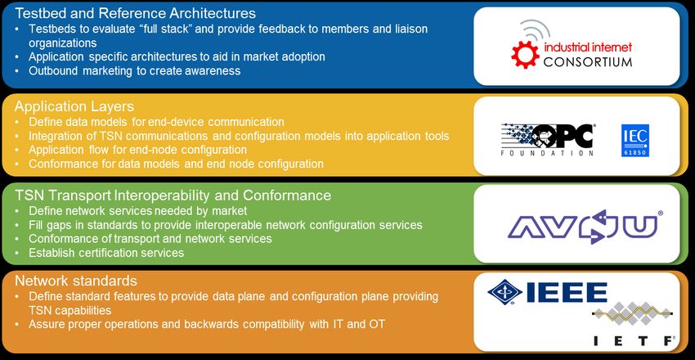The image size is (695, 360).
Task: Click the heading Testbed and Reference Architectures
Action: coord(135,13)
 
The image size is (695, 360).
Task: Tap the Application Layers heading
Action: coord(74,106)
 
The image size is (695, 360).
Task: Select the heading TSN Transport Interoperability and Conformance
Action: coord(173,195)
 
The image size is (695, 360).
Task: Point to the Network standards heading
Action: coord(76,281)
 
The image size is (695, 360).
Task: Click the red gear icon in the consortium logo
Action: coord(525,54)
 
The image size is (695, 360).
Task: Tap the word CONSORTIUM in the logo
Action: coord(588,61)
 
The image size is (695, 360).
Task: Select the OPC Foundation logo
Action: coord(547,139)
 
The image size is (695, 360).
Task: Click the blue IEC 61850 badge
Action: coord(635,141)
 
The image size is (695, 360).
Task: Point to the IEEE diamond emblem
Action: coord(504,293)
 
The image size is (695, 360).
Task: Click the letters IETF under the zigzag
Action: coord(634,340)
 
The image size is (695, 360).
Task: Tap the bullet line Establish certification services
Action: coord(106,253)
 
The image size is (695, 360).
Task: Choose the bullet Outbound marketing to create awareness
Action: coord(135,70)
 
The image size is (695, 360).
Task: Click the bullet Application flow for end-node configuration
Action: coord(138,150)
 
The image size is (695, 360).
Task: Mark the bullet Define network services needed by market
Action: coord(138,210)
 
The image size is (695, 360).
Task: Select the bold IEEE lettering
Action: coord(567,293)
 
